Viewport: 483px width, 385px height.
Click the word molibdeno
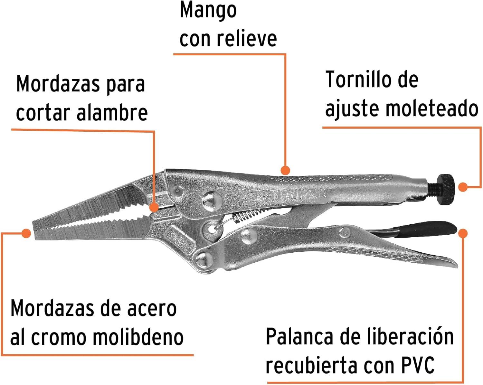click(138, 337)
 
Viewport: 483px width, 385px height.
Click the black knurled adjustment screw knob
click(446, 192)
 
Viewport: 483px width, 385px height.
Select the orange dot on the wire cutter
click(154, 207)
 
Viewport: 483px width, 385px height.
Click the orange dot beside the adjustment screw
click(463, 187)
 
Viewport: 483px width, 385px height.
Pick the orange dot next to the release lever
click(463, 233)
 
